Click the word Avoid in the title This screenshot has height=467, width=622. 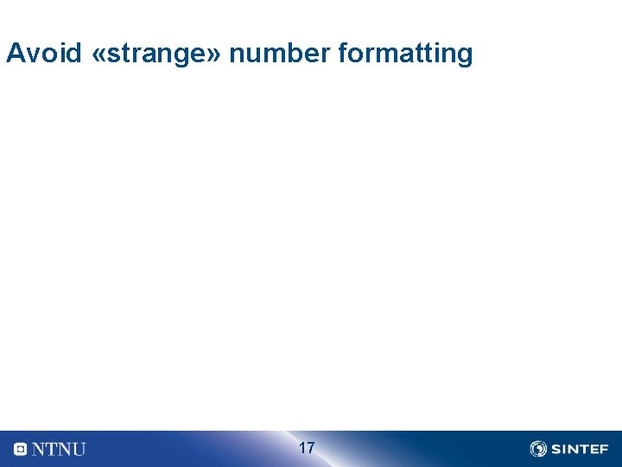[44, 54]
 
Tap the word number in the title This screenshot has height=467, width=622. [281, 54]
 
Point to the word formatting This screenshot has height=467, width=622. [406, 54]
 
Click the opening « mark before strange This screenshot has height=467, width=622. [98, 54]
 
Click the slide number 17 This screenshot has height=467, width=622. [307, 448]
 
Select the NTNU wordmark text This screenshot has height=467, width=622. [59, 449]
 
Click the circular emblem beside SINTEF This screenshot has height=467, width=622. [538, 449]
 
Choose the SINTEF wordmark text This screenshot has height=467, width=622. [579, 449]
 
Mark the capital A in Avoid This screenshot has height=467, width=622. [15, 54]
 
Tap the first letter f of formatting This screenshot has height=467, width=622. [343, 54]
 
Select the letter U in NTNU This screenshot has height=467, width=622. [78, 449]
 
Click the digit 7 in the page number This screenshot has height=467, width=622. [311, 448]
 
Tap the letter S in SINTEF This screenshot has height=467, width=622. [555, 449]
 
